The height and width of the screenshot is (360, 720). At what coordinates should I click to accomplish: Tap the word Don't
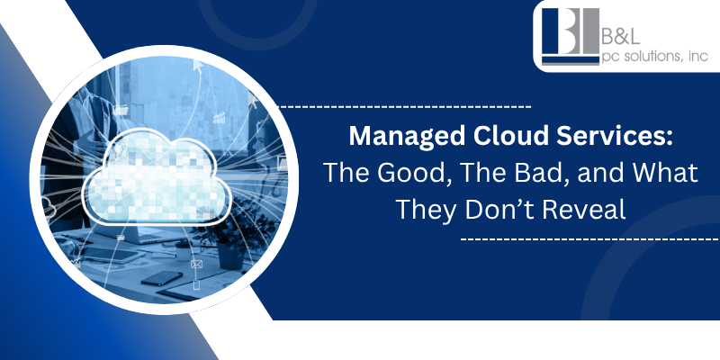click(x=499, y=209)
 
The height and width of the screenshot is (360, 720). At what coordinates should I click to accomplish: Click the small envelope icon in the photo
click(x=197, y=265)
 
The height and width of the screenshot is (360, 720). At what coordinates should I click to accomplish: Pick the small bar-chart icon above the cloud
click(x=217, y=119)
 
